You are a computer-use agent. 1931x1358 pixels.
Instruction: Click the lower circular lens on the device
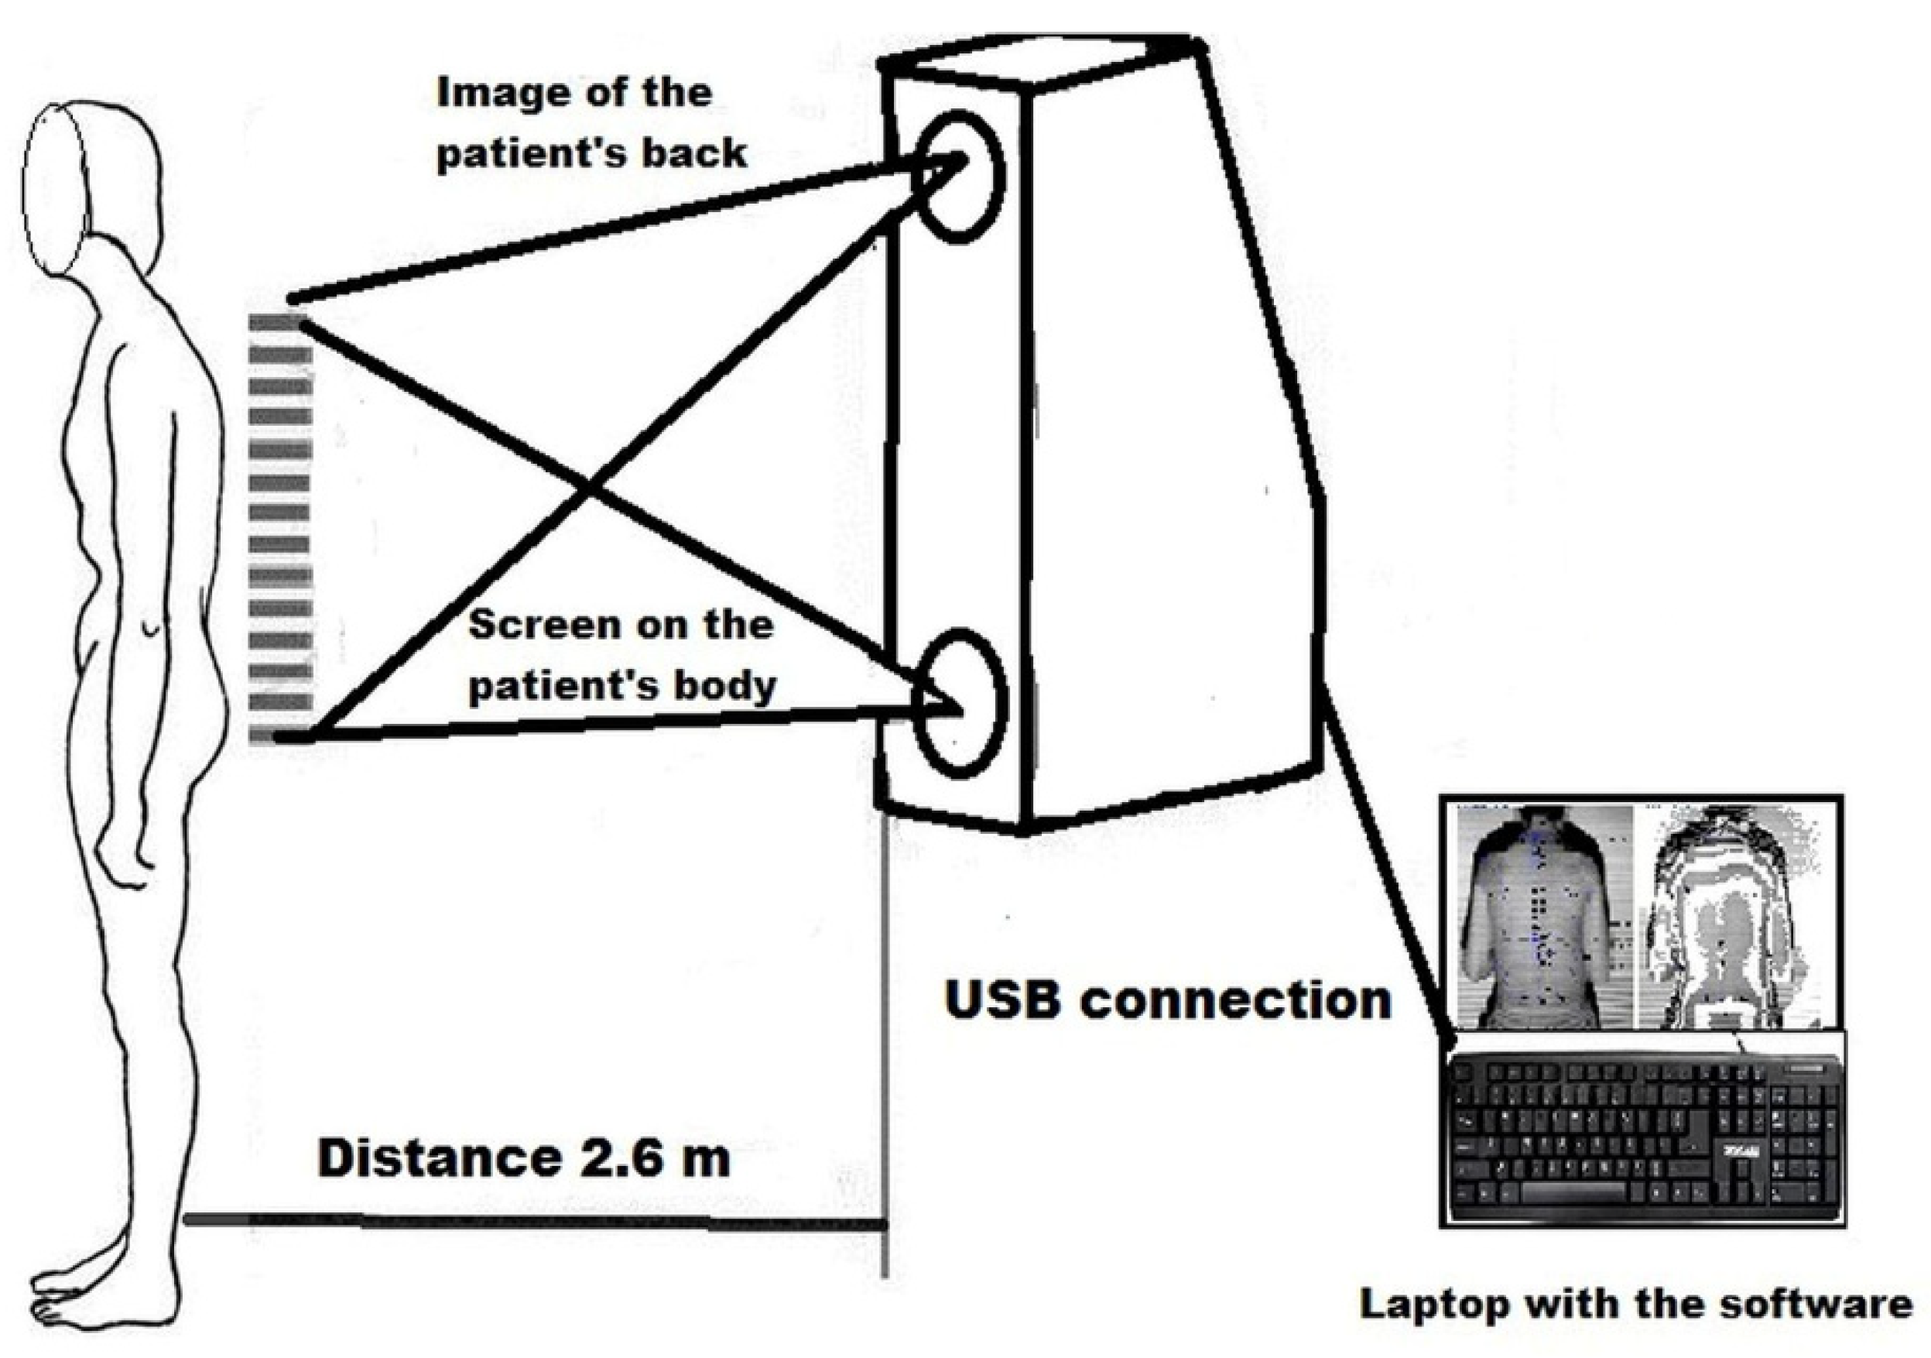pos(960,704)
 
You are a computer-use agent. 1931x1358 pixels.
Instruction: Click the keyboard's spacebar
pos(1572,1192)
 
